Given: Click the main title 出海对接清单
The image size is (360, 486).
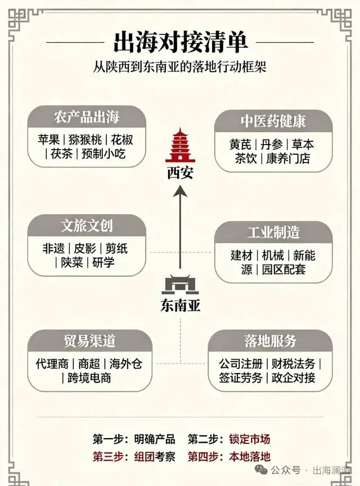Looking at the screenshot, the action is click(181, 42).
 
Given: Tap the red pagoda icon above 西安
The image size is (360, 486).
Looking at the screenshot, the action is click(180, 145).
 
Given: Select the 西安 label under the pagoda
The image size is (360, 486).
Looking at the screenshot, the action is click(180, 173).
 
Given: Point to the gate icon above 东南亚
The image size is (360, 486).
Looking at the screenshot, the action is click(180, 284).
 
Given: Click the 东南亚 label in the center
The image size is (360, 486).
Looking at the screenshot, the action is click(180, 305).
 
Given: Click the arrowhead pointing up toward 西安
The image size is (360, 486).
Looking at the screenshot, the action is click(180, 191).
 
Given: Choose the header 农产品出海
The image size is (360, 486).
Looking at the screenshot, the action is click(87, 117).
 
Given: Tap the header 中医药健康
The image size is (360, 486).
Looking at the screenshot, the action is click(273, 121).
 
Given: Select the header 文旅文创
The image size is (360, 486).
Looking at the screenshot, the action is click(87, 226).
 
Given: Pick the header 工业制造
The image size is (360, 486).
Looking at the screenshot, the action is click(273, 232).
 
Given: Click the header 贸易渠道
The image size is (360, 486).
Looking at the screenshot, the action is click(90, 341).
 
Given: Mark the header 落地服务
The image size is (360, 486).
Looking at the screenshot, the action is click(270, 341).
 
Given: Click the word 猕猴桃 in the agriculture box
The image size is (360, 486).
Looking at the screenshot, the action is click(85, 140).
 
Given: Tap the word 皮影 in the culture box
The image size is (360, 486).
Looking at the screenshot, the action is click(85, 249).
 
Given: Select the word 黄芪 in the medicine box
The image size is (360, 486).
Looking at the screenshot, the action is click(240, 145).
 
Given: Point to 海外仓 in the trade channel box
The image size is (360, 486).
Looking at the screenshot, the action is click(125, 363).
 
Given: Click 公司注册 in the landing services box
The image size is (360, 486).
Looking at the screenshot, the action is click(241, 363).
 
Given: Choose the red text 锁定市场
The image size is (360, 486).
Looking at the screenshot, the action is click(250, 439).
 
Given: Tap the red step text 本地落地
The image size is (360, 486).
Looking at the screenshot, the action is click(250, 457).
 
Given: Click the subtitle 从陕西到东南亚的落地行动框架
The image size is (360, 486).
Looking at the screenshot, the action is click(180, 67).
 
